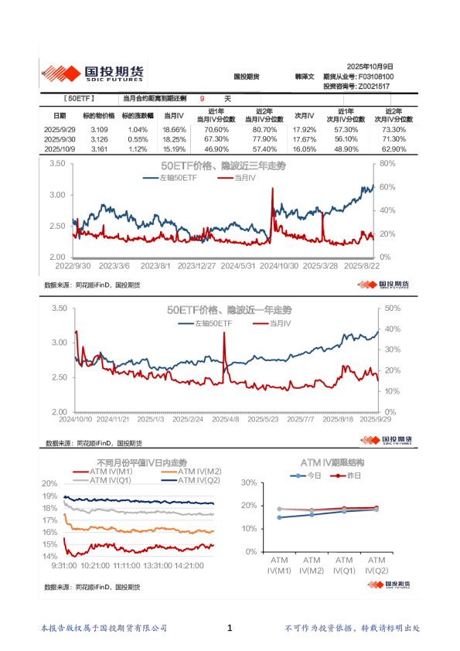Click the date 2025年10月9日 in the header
coord(370,67)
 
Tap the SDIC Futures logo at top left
coord(92,73)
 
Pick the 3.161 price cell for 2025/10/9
coord(99,148)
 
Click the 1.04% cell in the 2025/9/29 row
coord(138,129)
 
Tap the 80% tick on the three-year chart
coord(387,164)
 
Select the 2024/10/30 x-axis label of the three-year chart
coord(279,265)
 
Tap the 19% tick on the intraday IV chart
coord(49,496)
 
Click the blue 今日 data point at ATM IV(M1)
coord(279,517)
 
